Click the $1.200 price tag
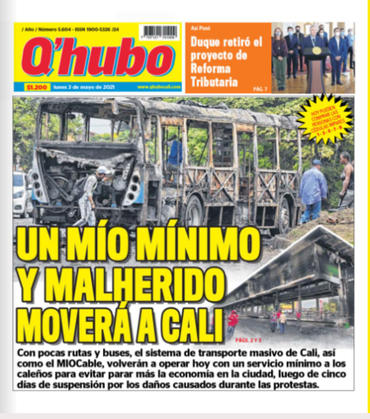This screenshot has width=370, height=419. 36,87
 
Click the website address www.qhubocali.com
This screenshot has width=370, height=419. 157,87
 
